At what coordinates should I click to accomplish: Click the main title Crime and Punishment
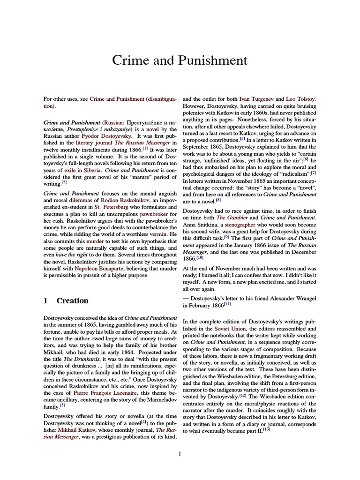[x=180, y=60]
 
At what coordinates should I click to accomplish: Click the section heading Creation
[x=72, y=300]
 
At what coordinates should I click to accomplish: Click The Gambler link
[x=230, y=217]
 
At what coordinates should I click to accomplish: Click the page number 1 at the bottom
[x=180, y=453]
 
